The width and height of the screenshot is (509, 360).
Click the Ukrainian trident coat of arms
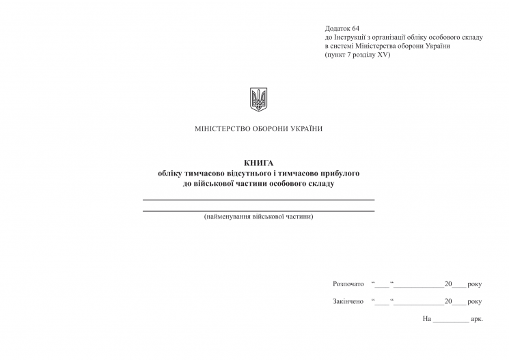[258, 100]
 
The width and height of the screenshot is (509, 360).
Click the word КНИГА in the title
[258, 163]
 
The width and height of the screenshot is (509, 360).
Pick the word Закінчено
[348, 301]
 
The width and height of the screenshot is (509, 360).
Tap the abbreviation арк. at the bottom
[477, 319]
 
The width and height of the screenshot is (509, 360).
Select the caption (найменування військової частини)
[258, 217]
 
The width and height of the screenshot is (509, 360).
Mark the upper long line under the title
[258, 199]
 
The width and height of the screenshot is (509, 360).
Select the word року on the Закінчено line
[475, 301]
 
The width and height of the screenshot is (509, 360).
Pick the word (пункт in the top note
[336, 55]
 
